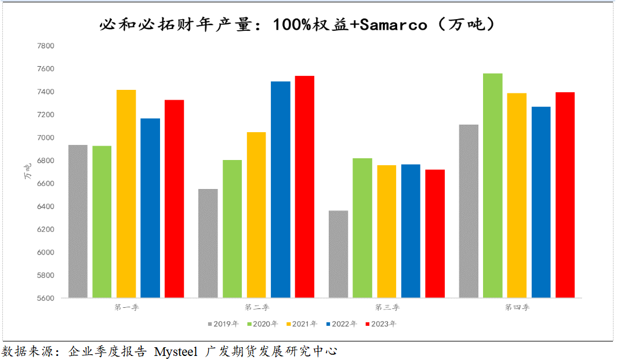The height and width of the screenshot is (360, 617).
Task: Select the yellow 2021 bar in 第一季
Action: (x=126, y=194)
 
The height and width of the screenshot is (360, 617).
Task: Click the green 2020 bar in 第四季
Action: (x=492, y=186)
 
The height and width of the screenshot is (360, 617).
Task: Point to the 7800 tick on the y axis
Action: (x=45, y=46)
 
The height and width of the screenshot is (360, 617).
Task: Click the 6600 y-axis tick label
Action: (x=45, y=184)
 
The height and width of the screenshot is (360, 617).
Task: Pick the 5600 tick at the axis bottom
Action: (x=45, y=299)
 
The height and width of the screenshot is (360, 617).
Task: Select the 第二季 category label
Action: (x=257, y=307)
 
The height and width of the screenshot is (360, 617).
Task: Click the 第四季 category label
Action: (x=517, y=307)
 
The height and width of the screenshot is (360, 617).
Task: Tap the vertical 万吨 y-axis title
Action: (x=27, y=172)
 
